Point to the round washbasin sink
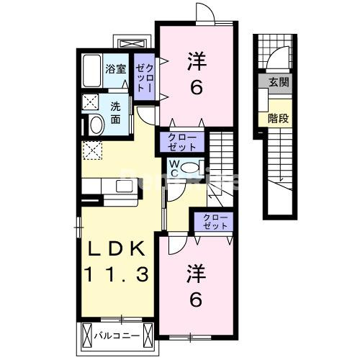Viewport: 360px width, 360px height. [x=93, y=125]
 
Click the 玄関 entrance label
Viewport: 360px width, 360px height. [x=279, y=83]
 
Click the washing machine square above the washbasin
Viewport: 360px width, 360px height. [x=91, y=101]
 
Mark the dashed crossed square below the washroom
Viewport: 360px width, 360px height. [x=93, y=150]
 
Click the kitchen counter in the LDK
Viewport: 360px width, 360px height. [x=108, y=185]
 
